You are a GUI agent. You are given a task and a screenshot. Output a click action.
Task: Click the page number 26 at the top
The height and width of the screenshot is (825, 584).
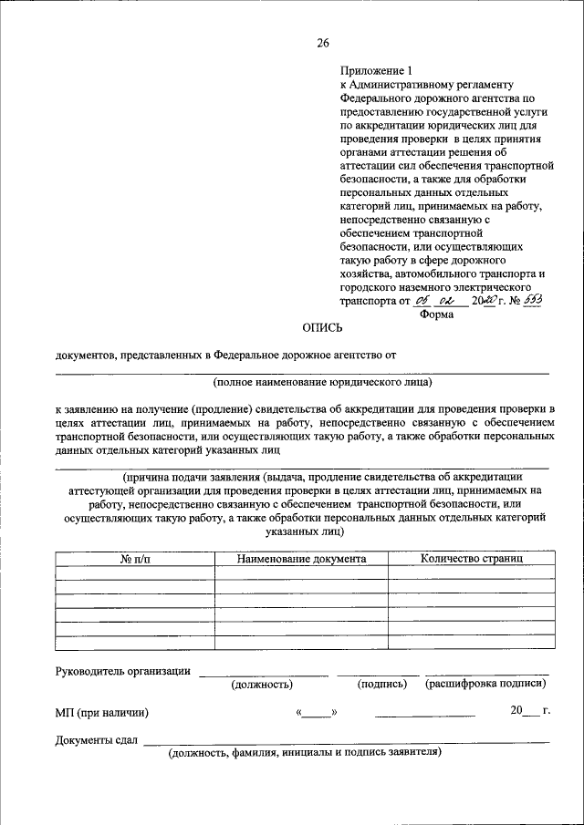[322, 43]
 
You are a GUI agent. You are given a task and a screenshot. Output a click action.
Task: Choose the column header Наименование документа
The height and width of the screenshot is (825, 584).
[301, 558]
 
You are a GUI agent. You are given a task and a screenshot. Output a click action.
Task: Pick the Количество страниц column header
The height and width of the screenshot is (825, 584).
[471, 558]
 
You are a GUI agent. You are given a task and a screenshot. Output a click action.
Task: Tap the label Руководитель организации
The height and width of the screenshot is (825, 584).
[122, 672]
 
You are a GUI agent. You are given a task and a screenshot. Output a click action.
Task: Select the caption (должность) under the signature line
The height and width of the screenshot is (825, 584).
[262, 684]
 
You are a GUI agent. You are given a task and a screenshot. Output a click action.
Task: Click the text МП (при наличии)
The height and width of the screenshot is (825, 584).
[101, 713]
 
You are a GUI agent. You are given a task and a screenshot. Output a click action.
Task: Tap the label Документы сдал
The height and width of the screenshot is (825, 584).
[96, 739]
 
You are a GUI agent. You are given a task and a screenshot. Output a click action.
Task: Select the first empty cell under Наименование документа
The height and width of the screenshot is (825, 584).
[301, 572]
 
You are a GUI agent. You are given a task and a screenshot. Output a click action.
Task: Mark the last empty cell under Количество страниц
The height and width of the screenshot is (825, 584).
[471, 642]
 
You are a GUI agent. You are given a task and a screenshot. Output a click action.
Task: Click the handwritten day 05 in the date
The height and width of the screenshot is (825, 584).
[421, 298]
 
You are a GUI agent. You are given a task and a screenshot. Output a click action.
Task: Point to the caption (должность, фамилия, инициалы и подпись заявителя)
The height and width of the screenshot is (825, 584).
[304, 752]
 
